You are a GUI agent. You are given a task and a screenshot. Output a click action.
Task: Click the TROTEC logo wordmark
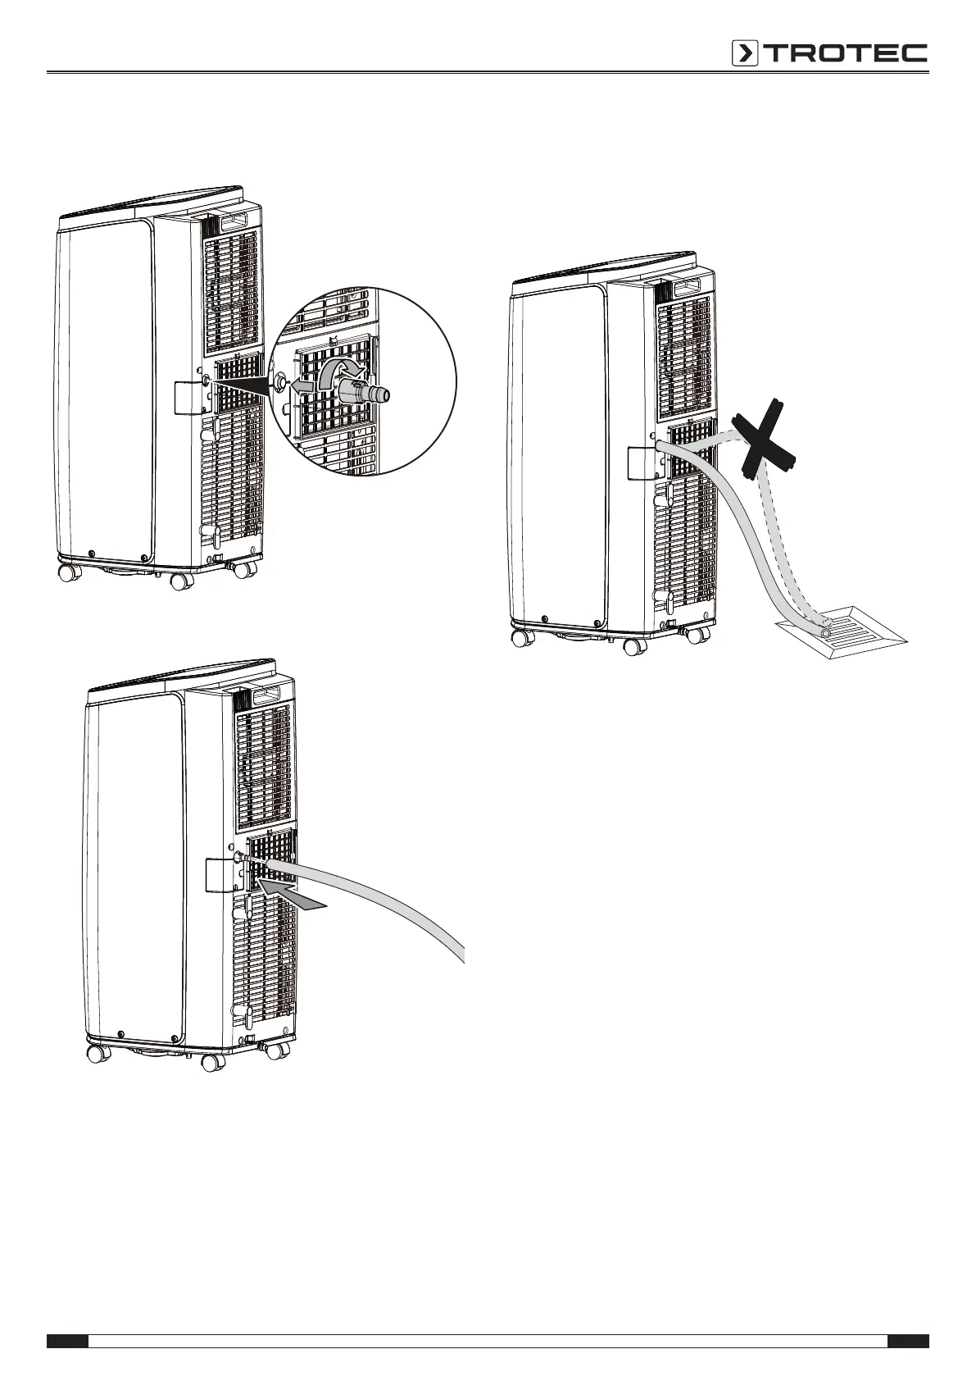(846, 53)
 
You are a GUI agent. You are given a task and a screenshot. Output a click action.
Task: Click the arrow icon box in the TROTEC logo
(745, 53)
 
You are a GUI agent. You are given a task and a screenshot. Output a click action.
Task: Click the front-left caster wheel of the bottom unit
(99, 1053)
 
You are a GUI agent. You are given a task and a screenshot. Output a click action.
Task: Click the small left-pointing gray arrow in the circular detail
(302, 384)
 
